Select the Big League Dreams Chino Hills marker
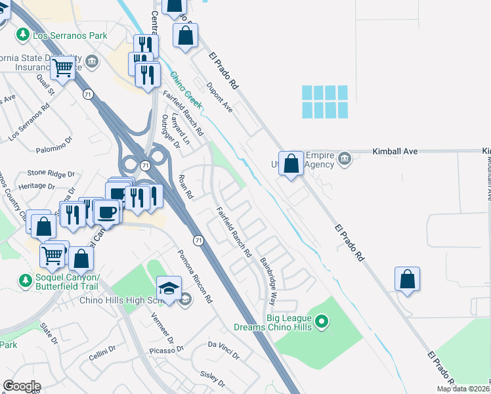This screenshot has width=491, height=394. click(x=321, y=322)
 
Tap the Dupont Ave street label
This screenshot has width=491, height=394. click(x=219, y=97)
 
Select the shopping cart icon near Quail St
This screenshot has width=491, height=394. click(x=63, y=67)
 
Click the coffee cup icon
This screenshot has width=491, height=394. click(x=106, y=212)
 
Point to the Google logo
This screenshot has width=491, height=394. click(x=22, y=386)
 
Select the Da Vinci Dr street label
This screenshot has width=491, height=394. click(x=224, y=349)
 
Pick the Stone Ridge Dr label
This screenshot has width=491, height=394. click(x=51, y=174)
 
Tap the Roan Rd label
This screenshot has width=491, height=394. click(x=186, y=187)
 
